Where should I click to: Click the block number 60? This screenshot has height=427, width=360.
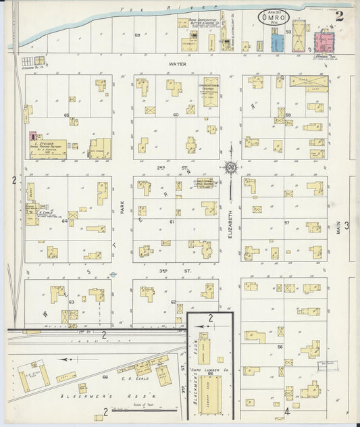coord(175,115)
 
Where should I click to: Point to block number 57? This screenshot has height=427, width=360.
coord(286,222)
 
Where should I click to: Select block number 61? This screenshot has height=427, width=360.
coord(172,222)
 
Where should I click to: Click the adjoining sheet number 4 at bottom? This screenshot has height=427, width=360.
coord(286,410)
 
